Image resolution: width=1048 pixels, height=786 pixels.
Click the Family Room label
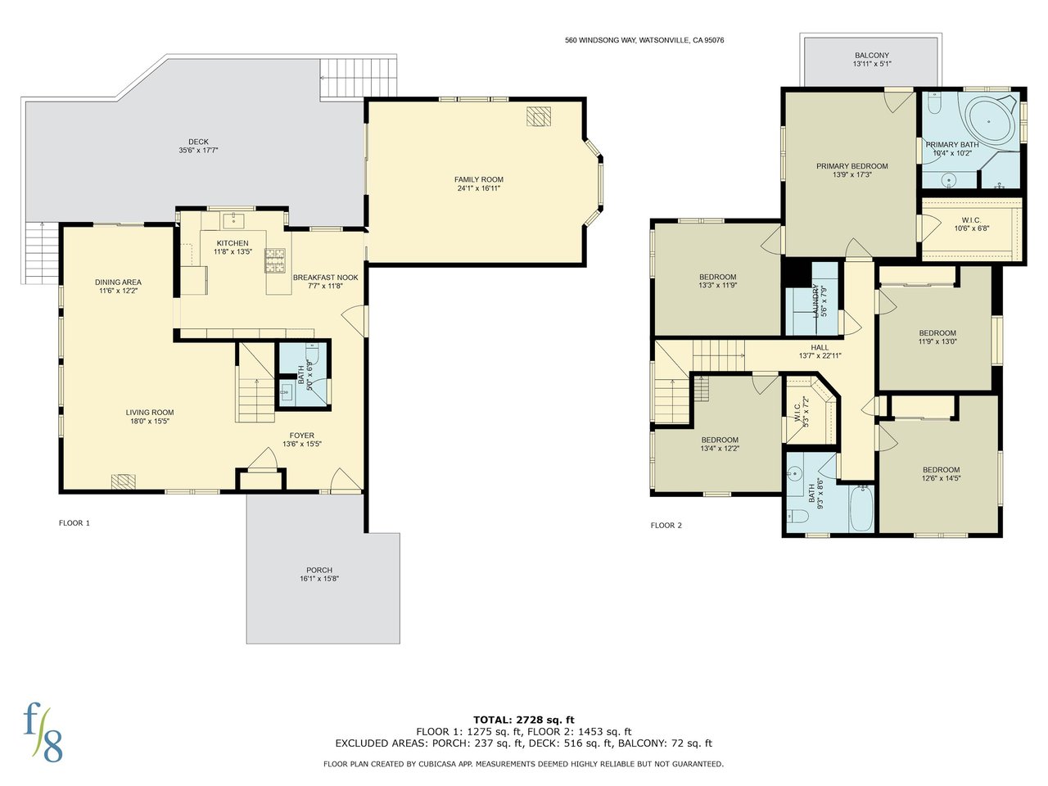pyautogui.click(x=478, y=179)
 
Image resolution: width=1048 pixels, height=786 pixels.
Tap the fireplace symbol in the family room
pyautogui.click(x=539, y=116)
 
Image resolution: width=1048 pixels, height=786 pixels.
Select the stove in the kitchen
pyautogui.click(x=275, y=260)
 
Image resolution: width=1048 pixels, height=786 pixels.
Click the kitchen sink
pyautogui.click(x=233, y=221)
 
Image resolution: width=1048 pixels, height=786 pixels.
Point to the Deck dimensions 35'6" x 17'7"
pyautogui.click(x=198, y=151)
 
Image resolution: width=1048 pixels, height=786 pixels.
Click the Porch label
pyautogui.click(x=319, y=570)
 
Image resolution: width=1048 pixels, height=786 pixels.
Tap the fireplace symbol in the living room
pyautogui.click(x=123, y=481)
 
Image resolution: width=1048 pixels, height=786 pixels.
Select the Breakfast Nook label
pyautogui.click(x=325, y=278)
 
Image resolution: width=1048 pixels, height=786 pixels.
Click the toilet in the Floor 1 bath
pyautogui.click(x=312, y=354)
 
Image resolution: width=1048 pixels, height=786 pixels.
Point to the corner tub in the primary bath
pyautogui.click(x=989, y=122)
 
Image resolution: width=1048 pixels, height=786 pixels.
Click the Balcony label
pyautogui.click(x=872, y=56)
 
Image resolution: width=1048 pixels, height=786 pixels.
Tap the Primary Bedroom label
pyautogui.click(x=851, y=166)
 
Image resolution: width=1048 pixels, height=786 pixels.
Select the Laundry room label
pyautogui.click(x=816, y=301)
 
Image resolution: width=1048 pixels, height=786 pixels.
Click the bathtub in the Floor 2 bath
pyautogui.click(x=862, y=509)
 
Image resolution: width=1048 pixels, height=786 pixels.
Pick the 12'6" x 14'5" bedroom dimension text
pyautogui.click(x=941, y=478)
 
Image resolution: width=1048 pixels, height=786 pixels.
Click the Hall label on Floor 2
pyautogui.click(x=820, y=347)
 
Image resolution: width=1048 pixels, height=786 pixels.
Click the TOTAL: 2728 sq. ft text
pyautogui.click(x=524, y=720)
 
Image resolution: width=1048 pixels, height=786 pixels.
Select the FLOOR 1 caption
pyautogui.click(x=74, y=522)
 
